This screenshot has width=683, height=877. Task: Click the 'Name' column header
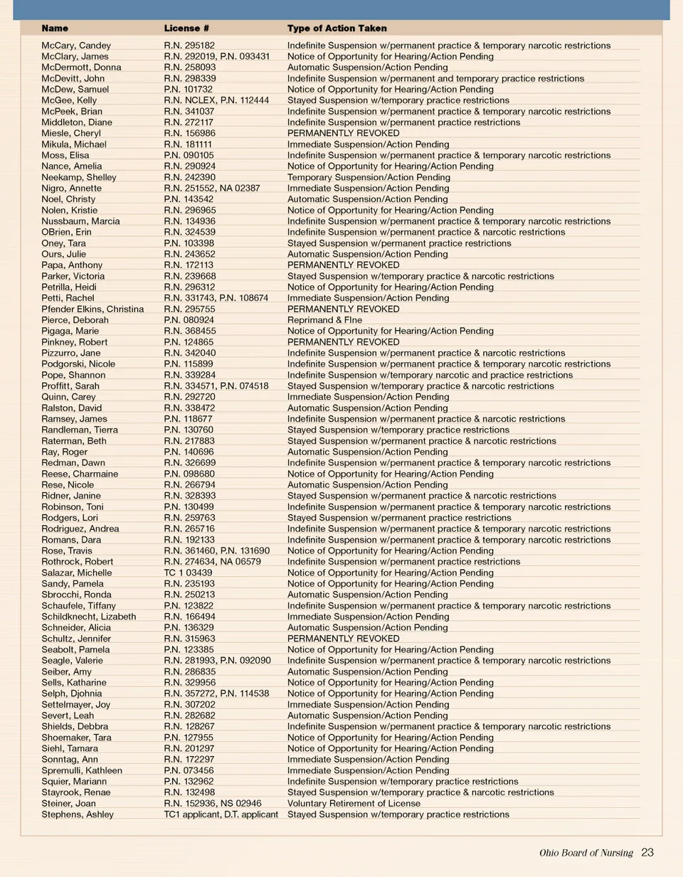coord(55,28)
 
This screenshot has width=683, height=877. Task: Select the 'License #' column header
coord(186,28)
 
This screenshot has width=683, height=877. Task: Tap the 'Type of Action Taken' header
coord(337,28)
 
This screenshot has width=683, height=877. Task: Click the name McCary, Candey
coord(76,46)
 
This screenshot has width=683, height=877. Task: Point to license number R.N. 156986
coord(190,133)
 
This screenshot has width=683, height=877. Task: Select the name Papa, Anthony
coord(72,265)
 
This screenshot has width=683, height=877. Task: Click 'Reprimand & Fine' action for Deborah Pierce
coord(324,320)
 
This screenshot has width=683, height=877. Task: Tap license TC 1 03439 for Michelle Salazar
coord(188,573)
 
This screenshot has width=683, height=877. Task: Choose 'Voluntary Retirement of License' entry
coord(354,803)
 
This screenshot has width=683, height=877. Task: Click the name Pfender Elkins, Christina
coord(92,309)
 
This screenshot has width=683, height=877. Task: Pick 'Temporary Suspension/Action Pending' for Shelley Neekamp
coord(369,177)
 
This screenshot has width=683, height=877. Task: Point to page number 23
coord(647,852)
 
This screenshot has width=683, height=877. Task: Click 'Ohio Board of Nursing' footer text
coord(586,853)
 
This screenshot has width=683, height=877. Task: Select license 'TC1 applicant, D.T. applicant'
coord(221,814)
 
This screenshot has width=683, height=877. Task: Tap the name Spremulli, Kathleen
coord(82,770)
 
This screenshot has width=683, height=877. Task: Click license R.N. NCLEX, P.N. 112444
coord(216,100)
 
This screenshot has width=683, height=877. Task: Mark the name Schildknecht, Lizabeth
coord(89,617)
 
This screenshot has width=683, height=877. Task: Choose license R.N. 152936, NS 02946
coord(213,803)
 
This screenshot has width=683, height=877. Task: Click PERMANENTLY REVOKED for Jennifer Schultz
coord(343,639)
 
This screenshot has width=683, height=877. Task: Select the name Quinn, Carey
coord(68,397)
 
